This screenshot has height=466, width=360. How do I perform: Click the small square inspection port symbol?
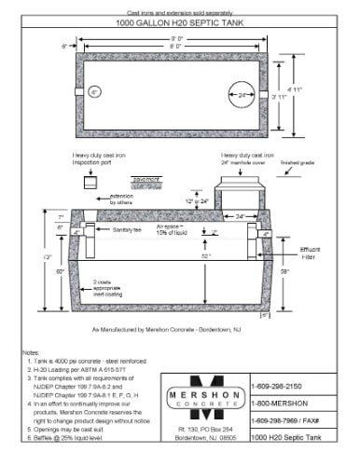click(x=91, y=184)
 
